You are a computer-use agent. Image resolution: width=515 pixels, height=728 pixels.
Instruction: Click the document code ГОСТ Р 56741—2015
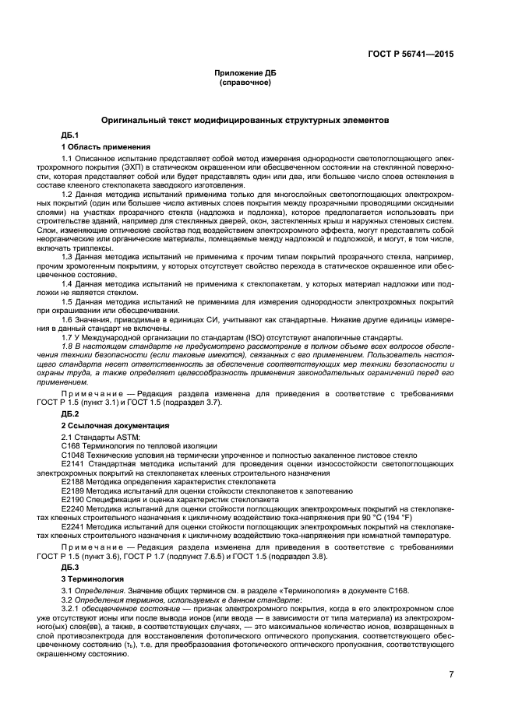[411, 55]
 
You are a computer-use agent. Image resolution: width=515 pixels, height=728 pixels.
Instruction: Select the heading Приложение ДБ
[245, 72]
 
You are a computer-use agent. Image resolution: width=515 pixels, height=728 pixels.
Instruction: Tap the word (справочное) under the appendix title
[245, 82]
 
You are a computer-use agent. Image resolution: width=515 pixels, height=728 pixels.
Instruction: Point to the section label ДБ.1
[70, 136]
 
